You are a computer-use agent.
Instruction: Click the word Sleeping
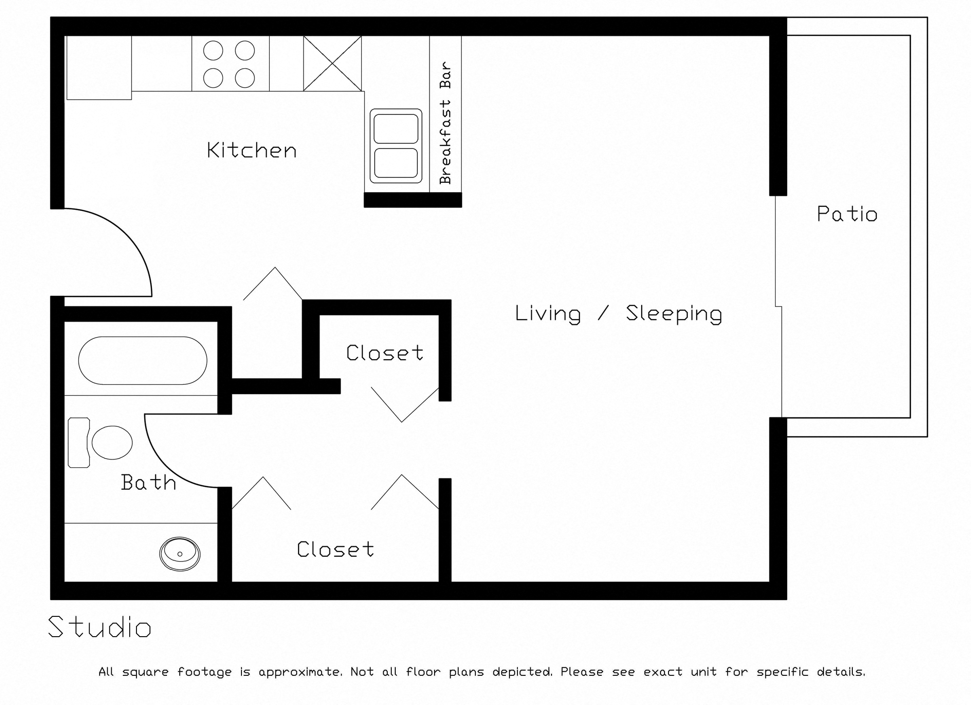click(x=674, y=314)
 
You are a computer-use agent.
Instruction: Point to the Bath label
click(x=149, y=483)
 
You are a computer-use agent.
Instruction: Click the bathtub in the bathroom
click(x=142, y=361)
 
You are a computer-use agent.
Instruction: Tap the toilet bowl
click(x=112, y=442)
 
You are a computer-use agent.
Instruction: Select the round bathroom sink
click(x=180, y=554)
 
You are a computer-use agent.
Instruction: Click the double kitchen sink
click(x=396, y=146)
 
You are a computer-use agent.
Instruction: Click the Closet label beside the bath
click(x=335, y=550)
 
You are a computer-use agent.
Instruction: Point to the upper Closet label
click(x=384, y=353)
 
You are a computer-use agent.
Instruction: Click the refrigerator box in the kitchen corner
click(x=99, y=68)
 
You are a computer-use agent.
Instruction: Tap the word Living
click(x=548, y=314)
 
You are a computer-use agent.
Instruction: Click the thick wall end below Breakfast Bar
click(x=413, y=200)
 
